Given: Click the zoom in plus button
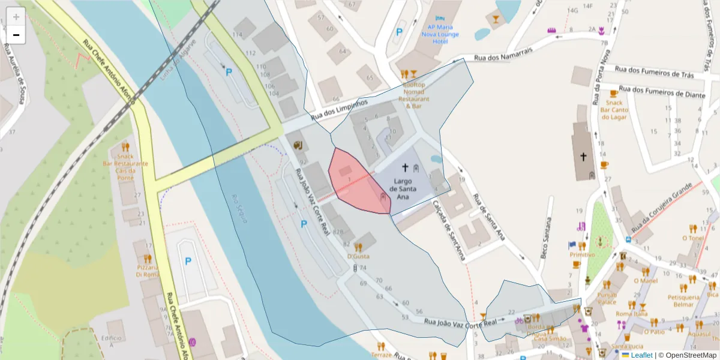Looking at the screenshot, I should tap(16, 17).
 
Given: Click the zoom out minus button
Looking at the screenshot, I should tap(16, 35).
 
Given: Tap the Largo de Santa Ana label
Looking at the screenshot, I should tap(403, 188).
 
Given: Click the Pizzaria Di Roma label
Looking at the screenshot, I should tap(147, 271).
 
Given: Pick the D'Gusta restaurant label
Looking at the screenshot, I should tap(358, 256).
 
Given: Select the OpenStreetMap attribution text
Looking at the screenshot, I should tap(687, 355).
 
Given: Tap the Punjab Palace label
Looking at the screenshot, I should tap(607, 298).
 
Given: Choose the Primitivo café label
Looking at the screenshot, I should tap(582, 254).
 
